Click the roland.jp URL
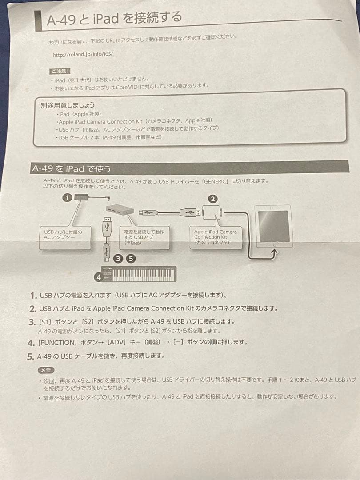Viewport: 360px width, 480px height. click(83, 55)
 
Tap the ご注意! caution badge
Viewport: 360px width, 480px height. click(60, 71)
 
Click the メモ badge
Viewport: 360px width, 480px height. click(46, 370)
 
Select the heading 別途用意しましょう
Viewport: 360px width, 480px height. click(68, 105)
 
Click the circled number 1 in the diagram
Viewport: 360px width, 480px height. click(67, 198)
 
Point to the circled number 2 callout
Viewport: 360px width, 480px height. click(213, 199)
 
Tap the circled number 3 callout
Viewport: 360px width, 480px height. click(118, 259)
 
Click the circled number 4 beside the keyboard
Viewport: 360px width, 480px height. click(99, 277)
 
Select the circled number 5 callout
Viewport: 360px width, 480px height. click(131, 259)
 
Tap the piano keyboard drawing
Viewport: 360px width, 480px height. click(139, 274)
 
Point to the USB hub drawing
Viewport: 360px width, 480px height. click(120, 210)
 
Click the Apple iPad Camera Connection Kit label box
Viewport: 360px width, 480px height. click(216, 237)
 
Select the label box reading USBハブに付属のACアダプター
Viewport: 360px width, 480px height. click(65, 237)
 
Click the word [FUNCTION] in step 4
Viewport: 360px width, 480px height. click(57, 343)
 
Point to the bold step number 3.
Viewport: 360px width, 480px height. click(32, 322)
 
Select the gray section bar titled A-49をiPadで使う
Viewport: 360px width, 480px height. click(189, 168)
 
